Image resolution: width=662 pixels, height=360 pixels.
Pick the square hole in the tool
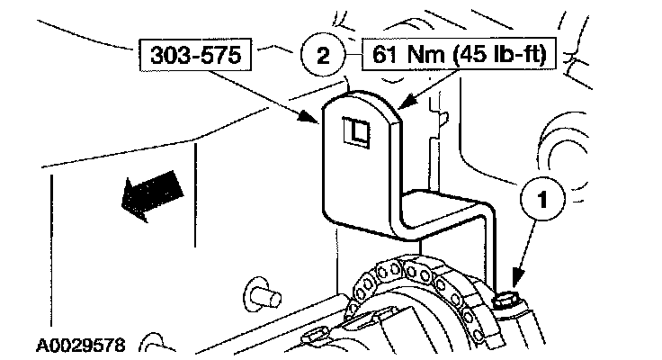pyautogui.click(x=356, y=133)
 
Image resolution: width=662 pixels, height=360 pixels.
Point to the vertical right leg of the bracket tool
pyautogui.click(x=489, y=247)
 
